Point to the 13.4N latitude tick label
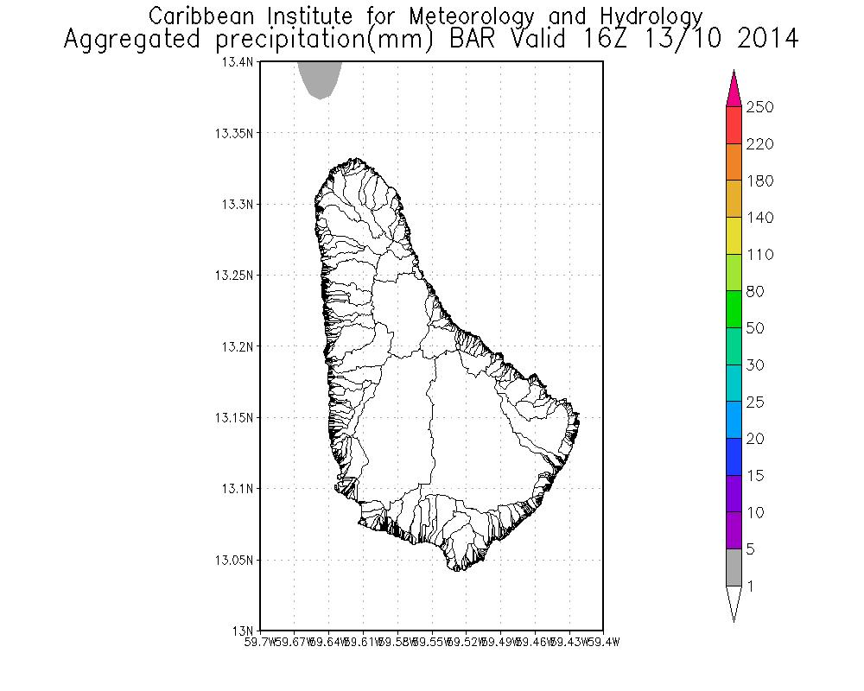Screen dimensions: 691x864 coord(238,62)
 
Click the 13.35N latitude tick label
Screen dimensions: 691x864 coord(235,134)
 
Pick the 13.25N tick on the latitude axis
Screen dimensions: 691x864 coord(235,276)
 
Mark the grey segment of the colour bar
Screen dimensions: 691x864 coord(734,567)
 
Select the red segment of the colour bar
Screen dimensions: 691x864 coord(734,124)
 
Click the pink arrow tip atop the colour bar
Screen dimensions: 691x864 coord(734,87)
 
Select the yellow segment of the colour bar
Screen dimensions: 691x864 coord(734,235)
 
